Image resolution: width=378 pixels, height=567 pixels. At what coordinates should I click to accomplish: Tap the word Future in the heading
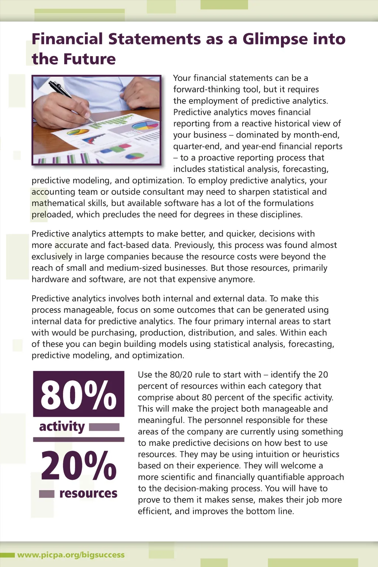[x=89, y=59]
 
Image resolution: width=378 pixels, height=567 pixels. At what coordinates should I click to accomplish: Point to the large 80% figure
[x=78, y=395]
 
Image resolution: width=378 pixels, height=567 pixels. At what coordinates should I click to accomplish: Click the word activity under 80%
[x=62, y=426]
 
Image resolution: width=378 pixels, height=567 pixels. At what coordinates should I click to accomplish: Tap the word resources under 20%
[x=88, y=493]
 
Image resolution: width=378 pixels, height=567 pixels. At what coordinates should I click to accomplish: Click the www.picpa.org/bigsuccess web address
[x=71, y=555]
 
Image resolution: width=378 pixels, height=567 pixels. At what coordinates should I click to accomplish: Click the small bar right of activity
[x=104, y=427]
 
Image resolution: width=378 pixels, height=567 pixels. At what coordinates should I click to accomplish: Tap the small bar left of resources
[x=47, y=494]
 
